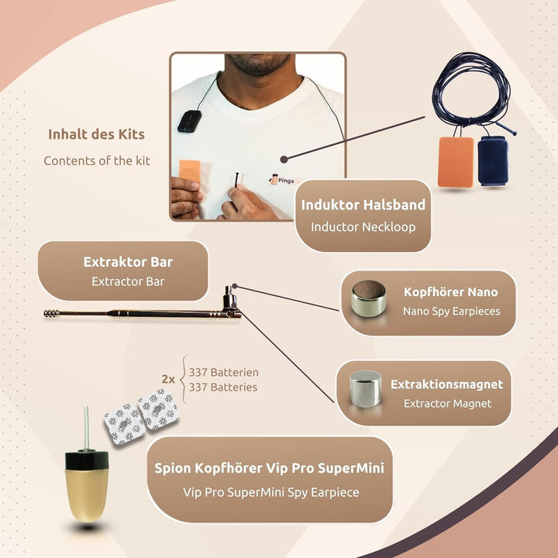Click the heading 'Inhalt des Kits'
[x=96, y=134]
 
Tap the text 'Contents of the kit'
[x=97, y=160]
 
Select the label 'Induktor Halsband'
[x=363, y=205]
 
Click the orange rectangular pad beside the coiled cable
[x=456, y=162]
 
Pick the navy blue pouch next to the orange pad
[x=493, y=160]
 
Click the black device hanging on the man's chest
[x=189, y=121]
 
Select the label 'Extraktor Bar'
[x=128, y=262]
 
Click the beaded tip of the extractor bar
[x=52, y=314]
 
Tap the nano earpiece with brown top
[x=368, y=298]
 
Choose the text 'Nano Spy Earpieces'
[x=451, y=312]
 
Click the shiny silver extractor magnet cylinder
[x=366, y=388]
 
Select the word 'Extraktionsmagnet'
[x=446, y=384]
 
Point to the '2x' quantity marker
[x=168, y=379]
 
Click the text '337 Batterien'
[x=223, y=373]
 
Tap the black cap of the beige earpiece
[x=87, y=460]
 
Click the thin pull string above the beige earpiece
[x=86, y=428]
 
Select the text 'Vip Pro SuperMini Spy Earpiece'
[x=270, y=492]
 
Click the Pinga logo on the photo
[x=282, y=180]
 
